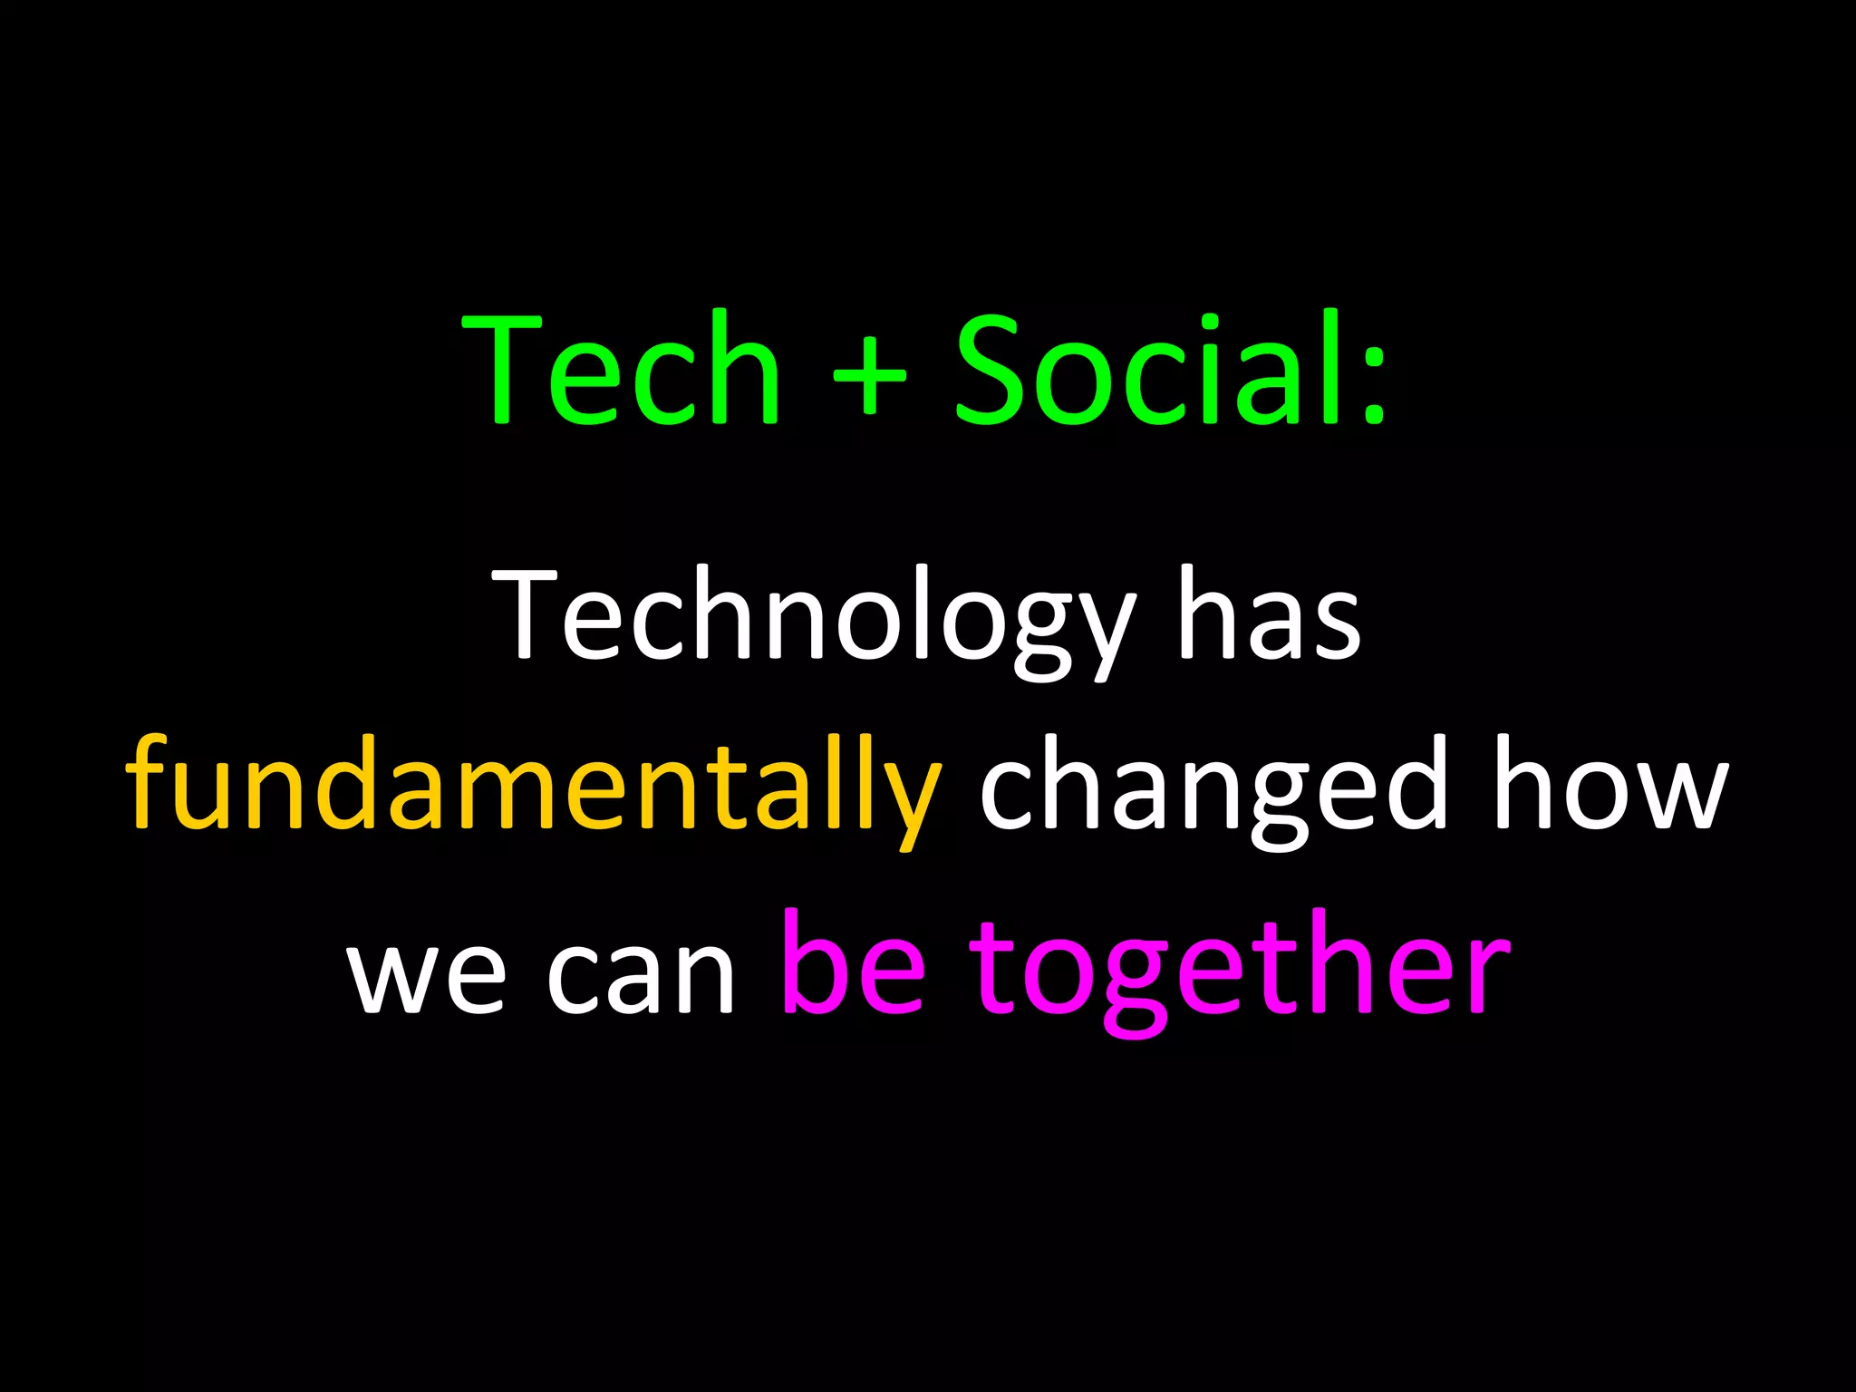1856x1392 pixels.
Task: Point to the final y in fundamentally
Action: pyautogui.click(x=911, y=797)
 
